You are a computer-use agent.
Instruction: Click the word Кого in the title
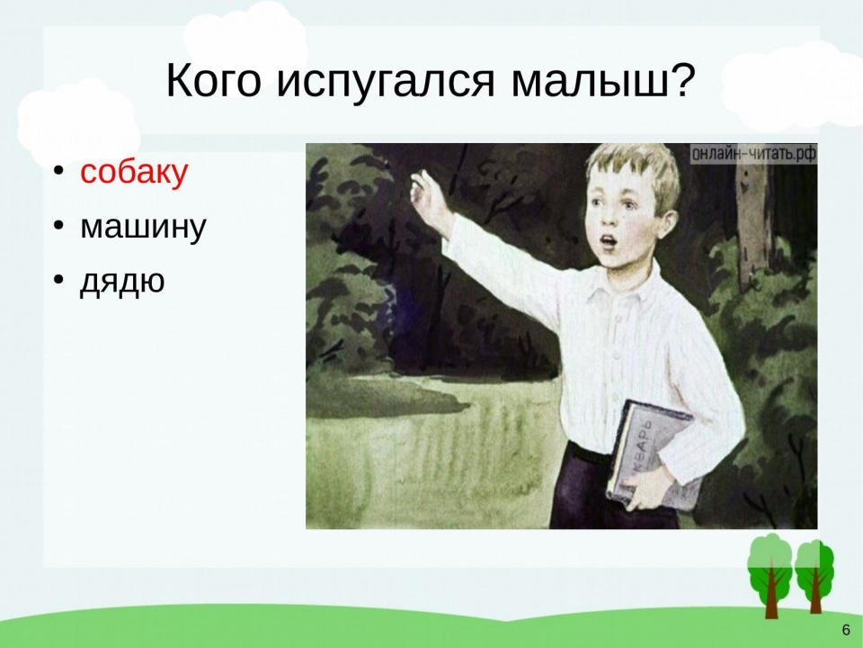pyautogui.click(x=212, y=80)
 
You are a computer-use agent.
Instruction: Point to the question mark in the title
pyautogui.click(x=680, y=79)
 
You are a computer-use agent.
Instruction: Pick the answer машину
pyautogui.click(x=143, y=226)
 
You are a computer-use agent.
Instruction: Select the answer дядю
pyautogui.click(x=122, y=281)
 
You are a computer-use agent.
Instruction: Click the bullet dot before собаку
pyautogui.click(x=58, y=171)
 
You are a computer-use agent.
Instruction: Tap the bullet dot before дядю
pyautogui.click(x=58, y=279)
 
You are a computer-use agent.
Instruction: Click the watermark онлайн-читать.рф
pyautogui.click(x=753, y=154)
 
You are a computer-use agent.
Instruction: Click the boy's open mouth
pyautogui.click(x=606, y=241)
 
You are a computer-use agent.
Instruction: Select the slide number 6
pyautogui.click(x=846, y=630)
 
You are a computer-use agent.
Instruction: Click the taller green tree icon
pyautogui.click(x=770, y=574)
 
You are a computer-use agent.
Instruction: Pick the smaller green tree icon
pyautogui.click(x=814, y=577)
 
